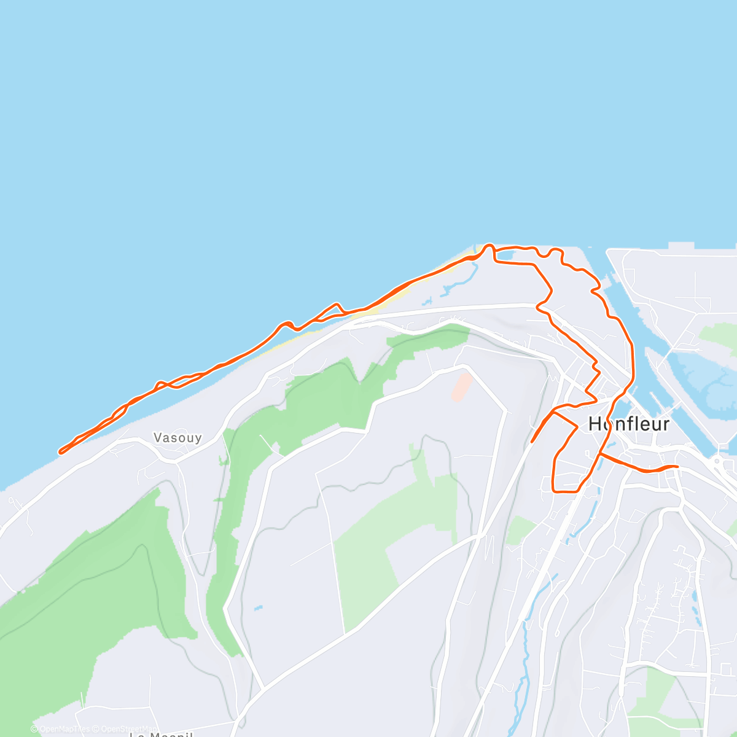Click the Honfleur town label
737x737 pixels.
pos(628,424)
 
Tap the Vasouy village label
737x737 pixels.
pos(177,438)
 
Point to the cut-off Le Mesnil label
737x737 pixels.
pos(161,734)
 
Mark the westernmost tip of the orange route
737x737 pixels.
pos(60,452)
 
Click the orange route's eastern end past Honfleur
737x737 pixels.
pos(677,467)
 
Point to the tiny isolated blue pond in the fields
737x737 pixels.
pos(258,609)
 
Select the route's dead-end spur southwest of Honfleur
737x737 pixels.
pos(532,441)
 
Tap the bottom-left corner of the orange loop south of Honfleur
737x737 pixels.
pos(555,491)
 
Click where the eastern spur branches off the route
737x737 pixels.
pos(601,454)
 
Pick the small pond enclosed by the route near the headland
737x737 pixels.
pos(504,254)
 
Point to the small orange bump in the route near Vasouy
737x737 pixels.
pos(336,305)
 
